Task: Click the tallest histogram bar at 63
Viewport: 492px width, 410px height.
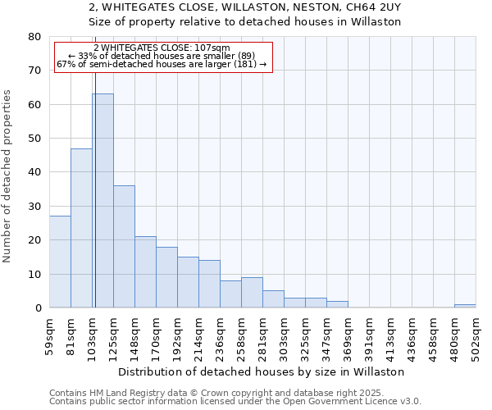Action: (x=102, y=201)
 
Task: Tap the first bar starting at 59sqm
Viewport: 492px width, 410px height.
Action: (x=60, y=262)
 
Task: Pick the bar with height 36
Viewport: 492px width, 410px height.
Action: (x=124, y=246)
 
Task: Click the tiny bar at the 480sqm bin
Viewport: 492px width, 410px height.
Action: (x=465, y=306)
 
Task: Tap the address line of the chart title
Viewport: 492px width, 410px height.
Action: (x=245, y=7)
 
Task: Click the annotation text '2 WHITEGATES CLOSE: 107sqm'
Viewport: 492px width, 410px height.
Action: (x=162, y=48)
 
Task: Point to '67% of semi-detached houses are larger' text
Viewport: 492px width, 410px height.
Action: (x=162, y=64)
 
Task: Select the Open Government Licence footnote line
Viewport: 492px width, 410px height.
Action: (x=235, y=402)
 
